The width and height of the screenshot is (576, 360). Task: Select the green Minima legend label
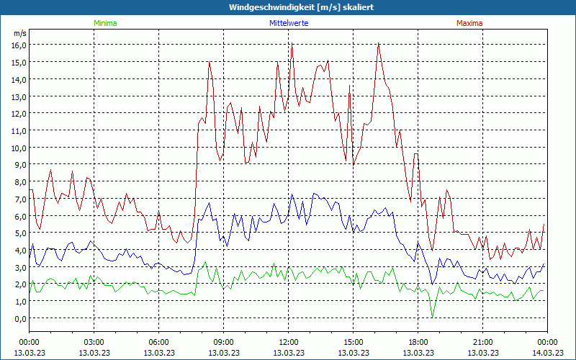[105, 23]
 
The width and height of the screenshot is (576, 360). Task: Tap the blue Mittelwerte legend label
[289, 23]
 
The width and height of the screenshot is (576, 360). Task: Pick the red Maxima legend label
[469, 23]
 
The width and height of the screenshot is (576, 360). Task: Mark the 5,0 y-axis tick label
[19, 233]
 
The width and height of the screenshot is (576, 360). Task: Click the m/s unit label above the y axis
[19, 33]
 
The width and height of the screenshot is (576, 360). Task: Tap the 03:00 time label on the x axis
[94, 342]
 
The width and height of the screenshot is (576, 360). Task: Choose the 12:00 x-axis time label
[289, 342]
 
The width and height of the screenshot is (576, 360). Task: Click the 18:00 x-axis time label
[418, 342]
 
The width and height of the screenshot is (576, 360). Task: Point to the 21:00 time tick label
[483, 342]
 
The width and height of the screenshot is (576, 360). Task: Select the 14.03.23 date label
[547, 353]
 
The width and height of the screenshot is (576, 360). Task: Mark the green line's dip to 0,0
[432, 317]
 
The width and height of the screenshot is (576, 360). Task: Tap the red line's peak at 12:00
[292, 45]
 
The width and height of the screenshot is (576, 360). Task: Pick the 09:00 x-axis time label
[224, 342]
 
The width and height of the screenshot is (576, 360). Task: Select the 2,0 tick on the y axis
[19, 284]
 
